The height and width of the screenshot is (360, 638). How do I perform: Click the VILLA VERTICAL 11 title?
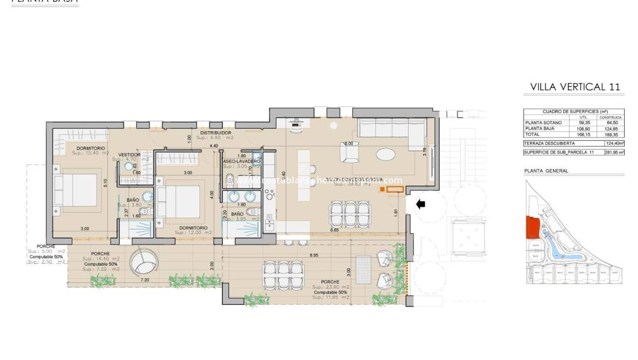575,87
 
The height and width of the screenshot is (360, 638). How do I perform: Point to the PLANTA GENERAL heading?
546,171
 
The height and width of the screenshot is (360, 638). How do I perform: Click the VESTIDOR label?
129,155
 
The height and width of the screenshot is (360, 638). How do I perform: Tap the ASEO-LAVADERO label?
241,162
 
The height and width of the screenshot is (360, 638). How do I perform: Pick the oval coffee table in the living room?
385,154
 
